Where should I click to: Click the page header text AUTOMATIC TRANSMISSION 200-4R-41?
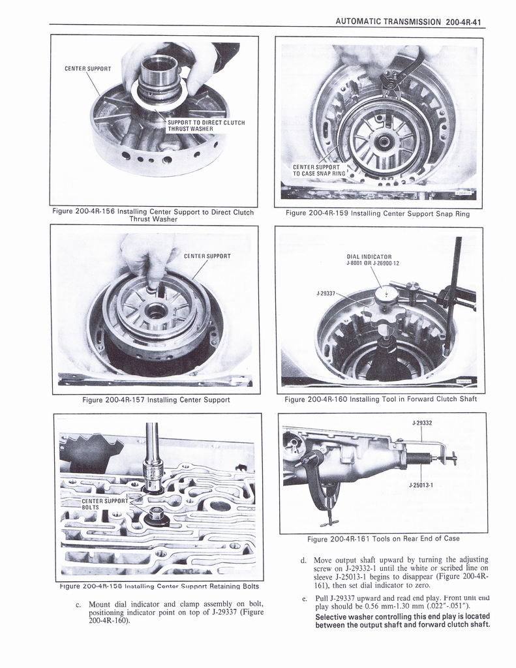[407, 21]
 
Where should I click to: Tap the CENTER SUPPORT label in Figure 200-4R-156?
[87, 68]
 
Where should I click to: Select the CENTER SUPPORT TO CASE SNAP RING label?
[318, 170]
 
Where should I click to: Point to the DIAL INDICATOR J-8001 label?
[372, 260]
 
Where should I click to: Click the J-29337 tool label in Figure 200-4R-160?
[326, 294]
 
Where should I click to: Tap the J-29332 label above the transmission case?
[422, 423]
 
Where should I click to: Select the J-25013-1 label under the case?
[421, 485]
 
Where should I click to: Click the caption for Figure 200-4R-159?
[377, 213]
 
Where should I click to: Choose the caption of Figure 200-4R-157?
[156, 399]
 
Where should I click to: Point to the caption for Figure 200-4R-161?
[383, 538]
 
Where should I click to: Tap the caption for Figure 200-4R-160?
[380, 399]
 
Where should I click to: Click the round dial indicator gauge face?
[387, 296]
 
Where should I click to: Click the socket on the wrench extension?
[153, 479]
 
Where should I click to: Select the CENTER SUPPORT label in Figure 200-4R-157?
[206, 256]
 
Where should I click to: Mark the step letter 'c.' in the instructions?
[78, 603]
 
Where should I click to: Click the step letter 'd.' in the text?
[303, 560]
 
